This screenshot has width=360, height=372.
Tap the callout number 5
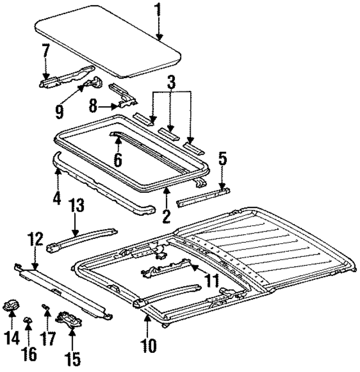point(222,162)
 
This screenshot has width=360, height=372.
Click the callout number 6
point(118,159)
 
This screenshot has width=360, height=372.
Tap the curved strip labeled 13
point(82,238)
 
